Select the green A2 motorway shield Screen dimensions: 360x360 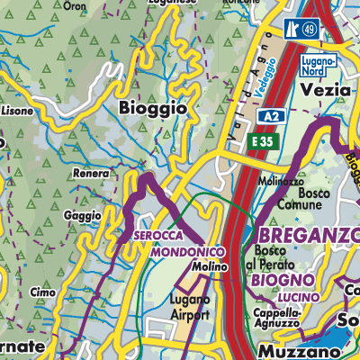coord(270,117)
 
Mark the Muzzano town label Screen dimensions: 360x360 coord(287,348)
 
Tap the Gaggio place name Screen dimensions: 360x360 coord(84,217)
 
